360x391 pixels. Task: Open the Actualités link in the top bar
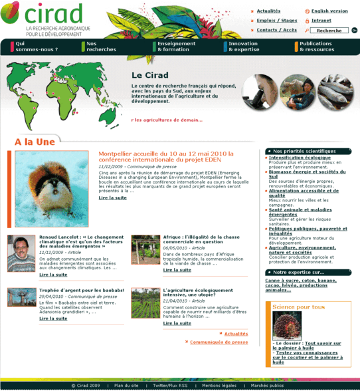268,11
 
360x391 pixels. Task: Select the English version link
329,11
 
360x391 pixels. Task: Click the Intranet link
321,21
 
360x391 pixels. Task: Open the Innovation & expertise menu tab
244,47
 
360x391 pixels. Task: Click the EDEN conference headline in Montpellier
166,157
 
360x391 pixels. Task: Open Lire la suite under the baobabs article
53,319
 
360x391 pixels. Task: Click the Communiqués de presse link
219,342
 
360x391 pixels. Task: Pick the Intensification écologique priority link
300,158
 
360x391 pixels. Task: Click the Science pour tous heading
299,307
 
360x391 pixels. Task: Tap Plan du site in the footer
126,385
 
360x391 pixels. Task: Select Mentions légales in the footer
219,385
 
